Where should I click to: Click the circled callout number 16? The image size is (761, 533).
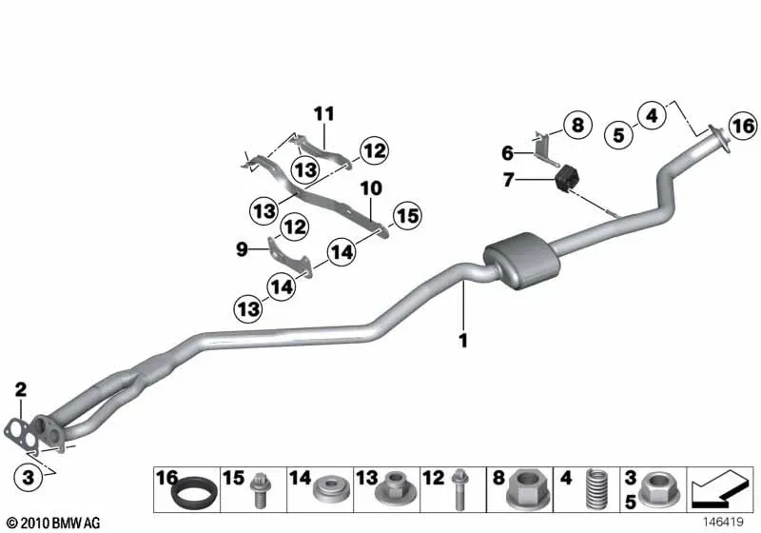point(743,127)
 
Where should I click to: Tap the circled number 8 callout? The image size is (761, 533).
point(577,125)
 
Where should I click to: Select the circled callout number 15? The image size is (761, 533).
point(407,216)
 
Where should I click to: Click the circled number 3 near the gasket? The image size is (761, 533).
point(29,477)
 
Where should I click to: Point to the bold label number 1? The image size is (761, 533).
point(463,341)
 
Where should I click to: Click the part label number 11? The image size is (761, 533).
point(324,114)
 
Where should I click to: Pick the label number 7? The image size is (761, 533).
point(508,180)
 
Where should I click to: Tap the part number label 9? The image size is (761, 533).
point(242,249)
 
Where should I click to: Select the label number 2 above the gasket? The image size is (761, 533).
point(20,389)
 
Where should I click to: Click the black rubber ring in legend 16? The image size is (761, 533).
point(193,493)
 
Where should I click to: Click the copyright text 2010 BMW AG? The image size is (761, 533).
point(54,523)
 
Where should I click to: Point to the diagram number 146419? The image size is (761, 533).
point(723,522)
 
